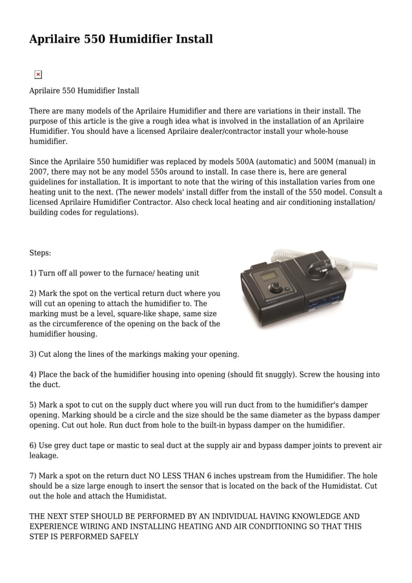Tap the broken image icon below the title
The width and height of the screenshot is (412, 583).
click(37, 75)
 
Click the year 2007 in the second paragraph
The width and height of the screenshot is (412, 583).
click(39, 172)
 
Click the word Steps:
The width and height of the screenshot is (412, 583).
click(40, 253)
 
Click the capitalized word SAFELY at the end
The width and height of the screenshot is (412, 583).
click(124, 536)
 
